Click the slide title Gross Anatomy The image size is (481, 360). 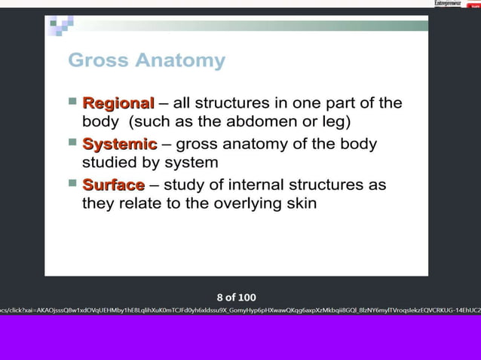[146, 60]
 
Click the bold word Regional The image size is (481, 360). [118, 102]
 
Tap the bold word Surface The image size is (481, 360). [113, 185]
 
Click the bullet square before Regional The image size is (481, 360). [72, 101]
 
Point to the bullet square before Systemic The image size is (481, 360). [72, 142]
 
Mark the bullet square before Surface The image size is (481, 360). [72, 182]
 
